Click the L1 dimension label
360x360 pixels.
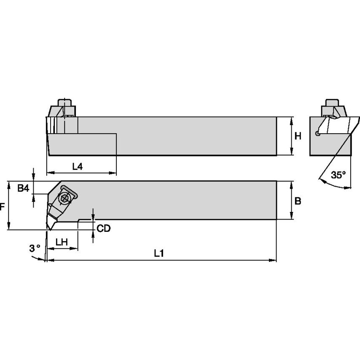click(159, 253)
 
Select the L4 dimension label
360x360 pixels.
click(77, 167)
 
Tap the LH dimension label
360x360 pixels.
click(62, 242)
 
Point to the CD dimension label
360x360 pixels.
click(103, 228)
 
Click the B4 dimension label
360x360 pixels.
click(23, 189)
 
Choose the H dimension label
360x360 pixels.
click(298, 136)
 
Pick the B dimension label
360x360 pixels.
click(298, 201)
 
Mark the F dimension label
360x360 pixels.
click(3, 207)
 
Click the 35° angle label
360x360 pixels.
click(338, 175)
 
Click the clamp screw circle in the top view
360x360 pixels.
click(64, 198)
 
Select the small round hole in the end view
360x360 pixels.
click(317, 134)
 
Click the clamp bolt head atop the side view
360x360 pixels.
click(64, 103)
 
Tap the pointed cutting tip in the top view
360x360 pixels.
click(48, 230)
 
